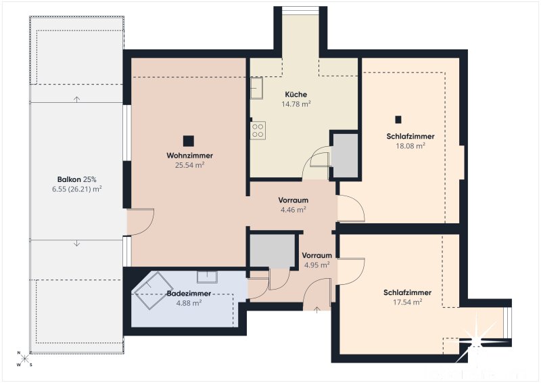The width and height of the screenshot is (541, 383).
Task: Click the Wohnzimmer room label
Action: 189,156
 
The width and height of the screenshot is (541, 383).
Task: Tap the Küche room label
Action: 296,94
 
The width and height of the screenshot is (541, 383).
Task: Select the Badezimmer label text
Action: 189,293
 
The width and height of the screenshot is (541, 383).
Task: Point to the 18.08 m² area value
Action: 410,145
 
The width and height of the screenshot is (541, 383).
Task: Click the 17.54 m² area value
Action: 408,302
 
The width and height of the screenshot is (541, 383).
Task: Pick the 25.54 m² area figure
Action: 189,165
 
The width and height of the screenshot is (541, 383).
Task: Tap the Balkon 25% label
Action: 76,179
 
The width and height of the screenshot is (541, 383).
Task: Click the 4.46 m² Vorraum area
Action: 293,210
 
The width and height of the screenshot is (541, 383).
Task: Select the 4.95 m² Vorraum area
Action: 316,265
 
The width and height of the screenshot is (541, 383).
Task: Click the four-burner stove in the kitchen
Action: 258,131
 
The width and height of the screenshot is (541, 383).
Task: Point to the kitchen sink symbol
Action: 256,88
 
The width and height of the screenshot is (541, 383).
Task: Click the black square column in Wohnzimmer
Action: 189,141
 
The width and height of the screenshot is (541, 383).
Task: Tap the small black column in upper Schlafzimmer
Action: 398,120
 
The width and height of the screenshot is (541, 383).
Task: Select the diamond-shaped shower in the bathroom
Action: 154,290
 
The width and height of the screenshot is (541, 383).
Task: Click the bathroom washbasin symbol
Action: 207,277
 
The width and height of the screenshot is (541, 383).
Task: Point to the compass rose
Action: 24,359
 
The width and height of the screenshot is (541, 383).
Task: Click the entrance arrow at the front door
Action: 316,309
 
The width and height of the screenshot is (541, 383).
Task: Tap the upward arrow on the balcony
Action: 76,99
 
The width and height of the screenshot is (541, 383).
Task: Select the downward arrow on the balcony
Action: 76,244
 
